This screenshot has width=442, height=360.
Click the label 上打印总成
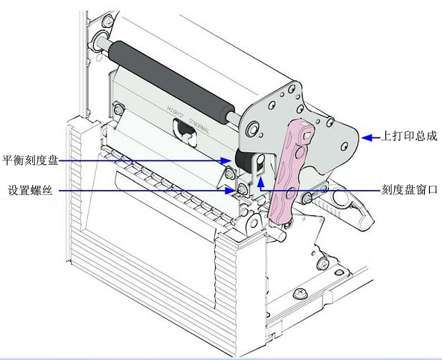pos(406,135)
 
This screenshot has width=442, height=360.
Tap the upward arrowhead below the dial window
pos(261,182)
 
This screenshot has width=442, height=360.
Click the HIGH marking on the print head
pos(176,109)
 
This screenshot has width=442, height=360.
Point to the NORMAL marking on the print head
pos(198,130)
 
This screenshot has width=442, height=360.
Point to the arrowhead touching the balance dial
pos(224,161)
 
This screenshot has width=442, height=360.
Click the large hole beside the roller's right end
pos(253,128)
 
